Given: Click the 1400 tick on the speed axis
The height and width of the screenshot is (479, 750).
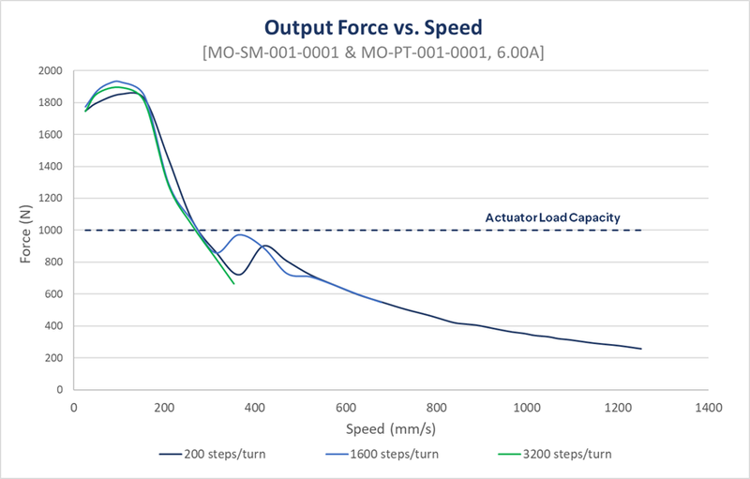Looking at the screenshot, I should tap(709, 408).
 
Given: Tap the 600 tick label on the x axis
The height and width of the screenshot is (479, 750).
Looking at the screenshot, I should tap(346, 408).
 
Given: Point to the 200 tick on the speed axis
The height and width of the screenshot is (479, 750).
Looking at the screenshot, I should tap(165, 408).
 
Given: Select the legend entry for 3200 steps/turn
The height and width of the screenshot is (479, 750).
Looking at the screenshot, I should tap(554, 456).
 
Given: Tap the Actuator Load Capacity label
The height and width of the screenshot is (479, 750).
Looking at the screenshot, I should tap(552, 217).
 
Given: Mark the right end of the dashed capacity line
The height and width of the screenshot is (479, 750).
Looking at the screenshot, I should tap(640, 231).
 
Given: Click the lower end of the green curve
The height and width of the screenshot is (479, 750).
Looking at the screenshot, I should tap(233, 283).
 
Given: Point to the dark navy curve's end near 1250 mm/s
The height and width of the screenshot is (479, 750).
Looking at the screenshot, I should tap(641, 349).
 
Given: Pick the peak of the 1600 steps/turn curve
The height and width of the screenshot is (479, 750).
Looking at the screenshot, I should tap(117, 82).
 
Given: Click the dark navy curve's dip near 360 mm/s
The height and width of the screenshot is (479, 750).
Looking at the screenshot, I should tap(238, 275).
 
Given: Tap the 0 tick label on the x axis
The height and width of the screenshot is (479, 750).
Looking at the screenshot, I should tap(74, 408).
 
